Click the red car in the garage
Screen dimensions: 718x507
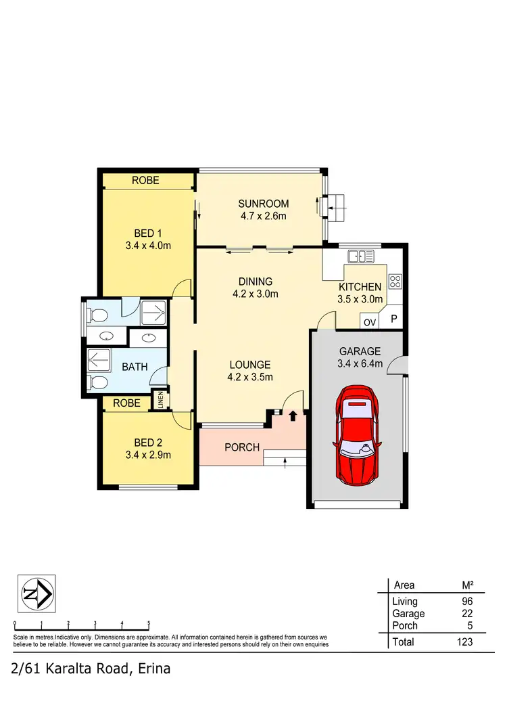[356, 434]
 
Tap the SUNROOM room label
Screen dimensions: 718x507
[264, 204]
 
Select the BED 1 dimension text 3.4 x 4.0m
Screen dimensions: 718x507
[148, 246]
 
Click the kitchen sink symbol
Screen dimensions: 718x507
[360, 256]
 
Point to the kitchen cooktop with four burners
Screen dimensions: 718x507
[395, 281]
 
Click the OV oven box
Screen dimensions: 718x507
[369, 322]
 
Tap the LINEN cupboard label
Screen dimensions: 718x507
[161, 400]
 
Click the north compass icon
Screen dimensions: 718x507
[37, 593]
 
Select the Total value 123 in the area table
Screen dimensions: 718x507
[464, 642]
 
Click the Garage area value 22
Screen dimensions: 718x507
[467, 613]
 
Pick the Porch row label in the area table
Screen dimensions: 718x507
[405, 625]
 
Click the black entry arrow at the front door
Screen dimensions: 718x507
[293, 416]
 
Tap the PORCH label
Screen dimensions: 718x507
[242, 447]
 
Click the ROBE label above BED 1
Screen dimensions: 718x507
[145, 181]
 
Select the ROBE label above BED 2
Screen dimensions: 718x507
[126, 403]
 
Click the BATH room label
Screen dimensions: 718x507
[135, 367]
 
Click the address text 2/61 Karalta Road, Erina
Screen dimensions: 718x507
[91, 669]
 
